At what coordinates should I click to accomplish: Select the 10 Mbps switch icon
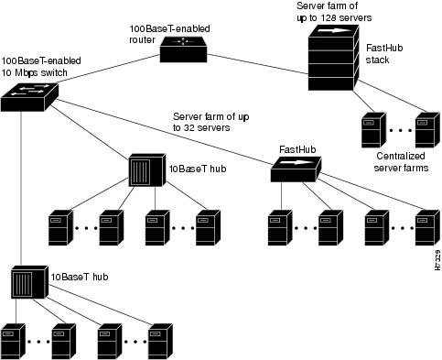tap(29, 95)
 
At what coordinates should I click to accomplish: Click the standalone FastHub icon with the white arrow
tap(296, 169)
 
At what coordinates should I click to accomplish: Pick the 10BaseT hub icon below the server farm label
tap(146, 170)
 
